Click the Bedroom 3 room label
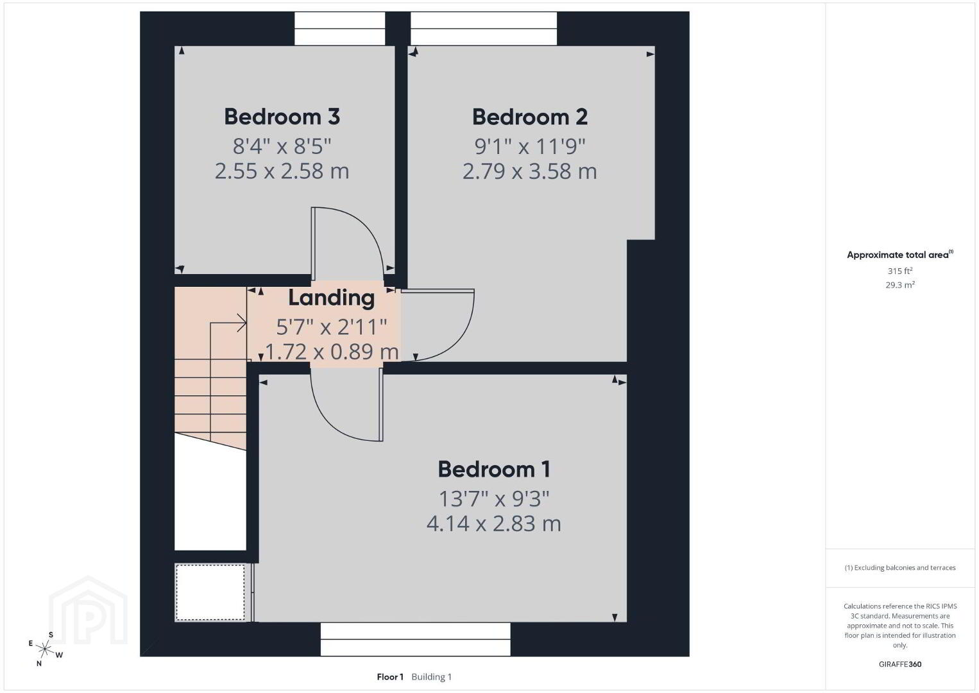pyautogui.click(x=282, y=117)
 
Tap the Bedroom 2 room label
pyautogui.click(x=530, y=117)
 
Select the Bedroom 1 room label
pyautogui.click(x=494, y=470)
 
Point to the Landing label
pyautogui.click(x=331, y=298)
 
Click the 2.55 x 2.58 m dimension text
pyautogui.click(x=282, y=171)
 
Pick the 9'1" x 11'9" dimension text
pyautogui.click(x=530, y=146)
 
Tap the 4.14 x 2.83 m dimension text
pyautogui.click(x=494, y=524)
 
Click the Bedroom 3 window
pyautogui.click(x=339, y=28)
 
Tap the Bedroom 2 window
pyautogui.click(x=484, y=28)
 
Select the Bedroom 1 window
pyautogui.click(x=415, y=640)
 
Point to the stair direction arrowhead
pyautogui.click(x=243, y=323)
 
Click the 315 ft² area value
pyautogui.click(x=900, y=271)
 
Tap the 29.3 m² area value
pyautogui.click(x=900, y=285)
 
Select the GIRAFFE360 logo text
pyautogui.click(x=900, y=664)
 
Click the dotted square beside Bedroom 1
pyautogui.click(x=210, y=592)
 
